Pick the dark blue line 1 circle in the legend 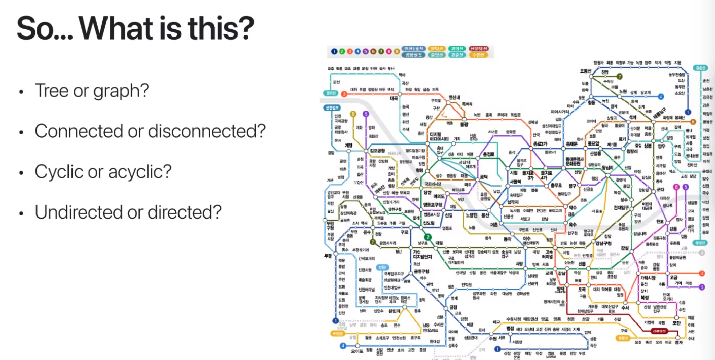click(x=334, y=51)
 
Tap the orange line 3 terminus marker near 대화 click(x=344, y=94)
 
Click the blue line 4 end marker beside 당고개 click(x=661, y=96)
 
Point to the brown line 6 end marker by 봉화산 click(x=693, y=121)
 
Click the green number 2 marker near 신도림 click(x=427, y=237)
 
